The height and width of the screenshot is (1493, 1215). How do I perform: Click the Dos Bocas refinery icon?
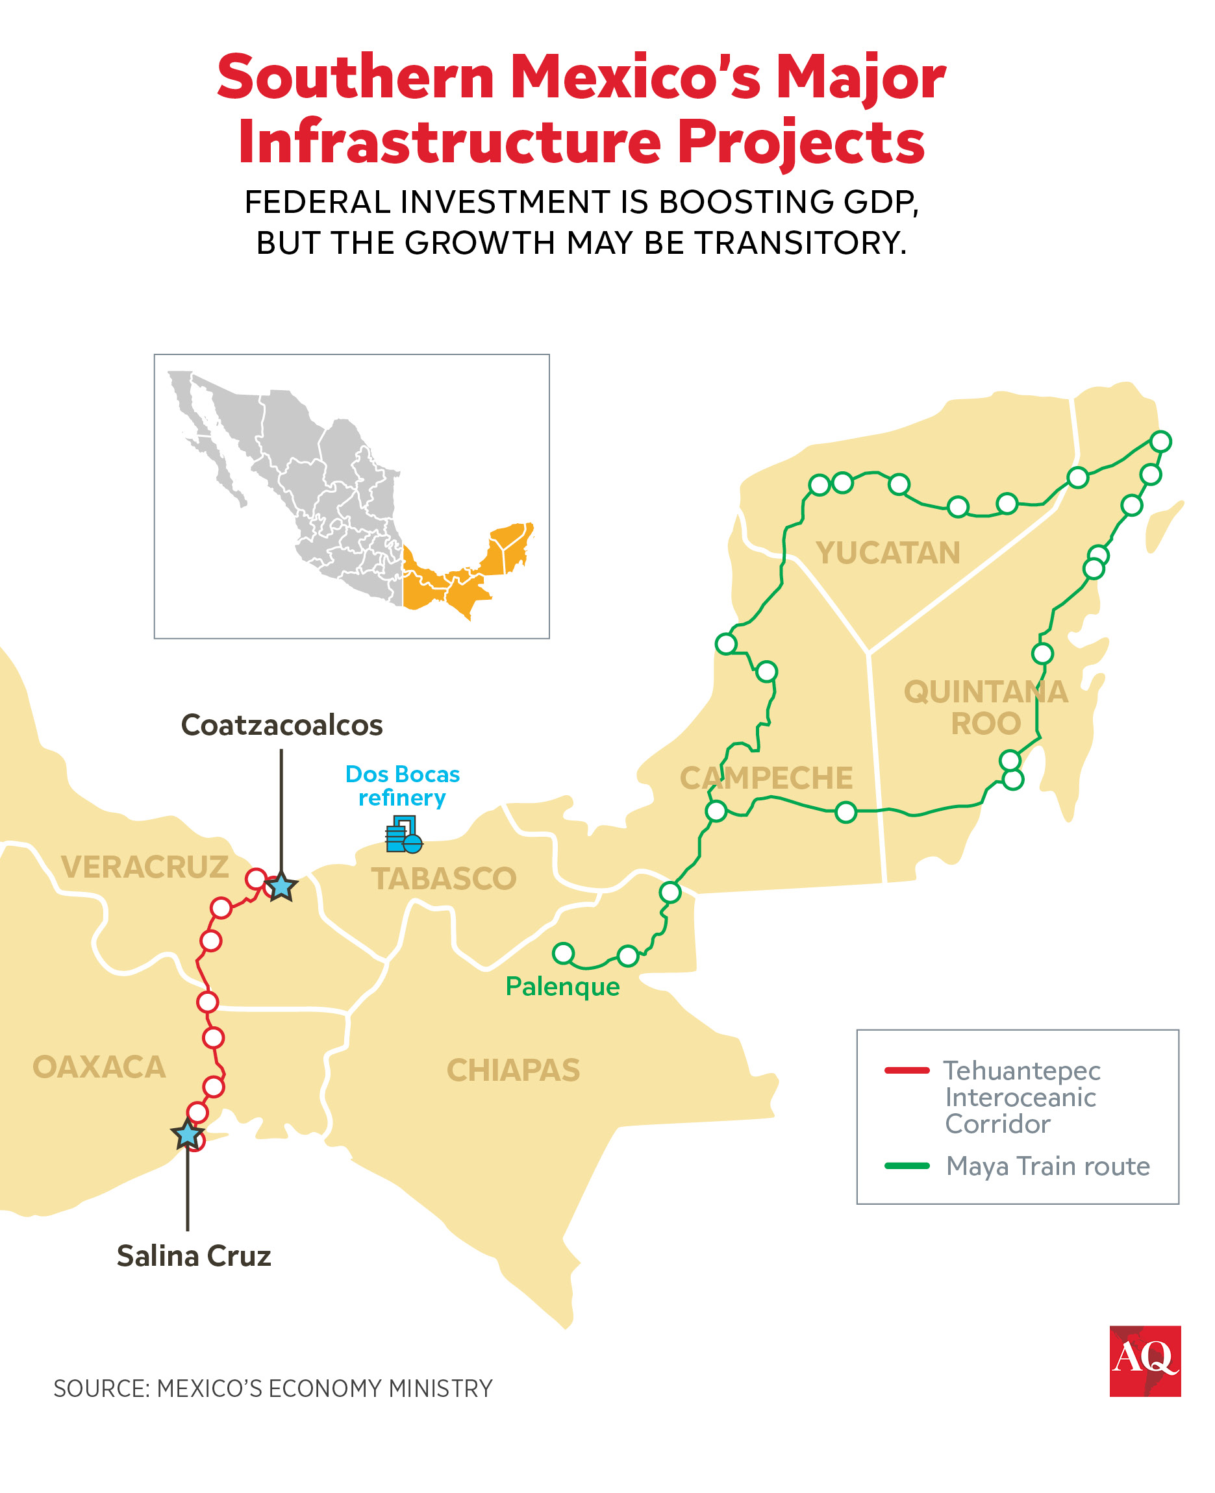coord(404,835)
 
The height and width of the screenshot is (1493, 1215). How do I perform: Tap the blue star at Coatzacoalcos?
coord(281,887)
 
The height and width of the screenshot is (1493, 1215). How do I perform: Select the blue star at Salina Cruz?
coord(188,1134)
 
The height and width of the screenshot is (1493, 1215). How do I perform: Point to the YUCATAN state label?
coord(888,552)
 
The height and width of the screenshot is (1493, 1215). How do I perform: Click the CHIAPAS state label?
coord(513,1070)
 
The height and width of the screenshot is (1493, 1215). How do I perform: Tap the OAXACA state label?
coord(99,1067)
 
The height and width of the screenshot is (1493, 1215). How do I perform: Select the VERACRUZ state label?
coord(145,867)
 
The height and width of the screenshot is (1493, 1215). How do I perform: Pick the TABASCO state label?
coord(444,879)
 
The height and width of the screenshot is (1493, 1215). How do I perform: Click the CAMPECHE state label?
coord(766,778)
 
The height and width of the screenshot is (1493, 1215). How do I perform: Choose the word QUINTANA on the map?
coord(985,692)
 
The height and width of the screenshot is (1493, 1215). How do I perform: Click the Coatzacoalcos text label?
coord(281,725)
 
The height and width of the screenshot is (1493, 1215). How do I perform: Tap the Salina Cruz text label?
coord(193,1256)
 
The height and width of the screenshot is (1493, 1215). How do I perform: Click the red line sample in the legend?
coord(907,1070)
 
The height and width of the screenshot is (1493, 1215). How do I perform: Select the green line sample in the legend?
coord(907,1166)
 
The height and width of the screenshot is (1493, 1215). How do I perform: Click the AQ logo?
coord(1144,1361)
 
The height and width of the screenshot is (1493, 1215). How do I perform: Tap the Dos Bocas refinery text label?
coord(403,785)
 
